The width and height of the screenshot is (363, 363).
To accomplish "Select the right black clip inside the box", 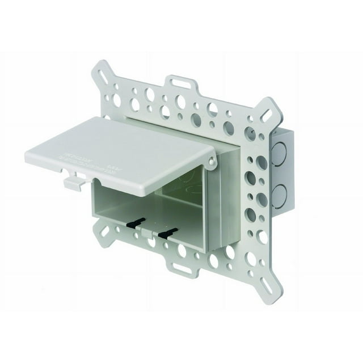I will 167,232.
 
